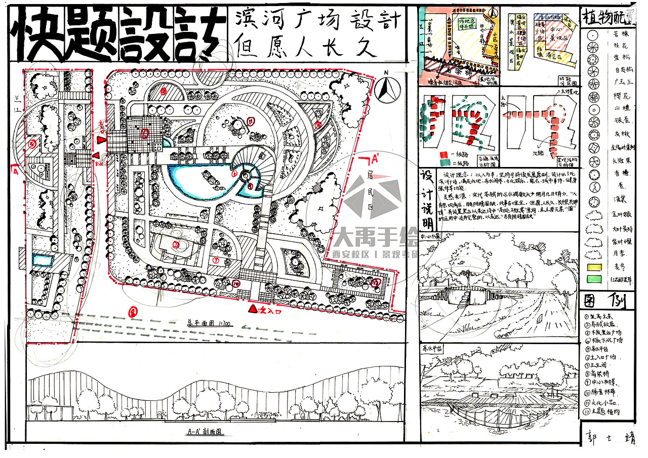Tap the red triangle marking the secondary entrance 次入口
click(252, 308)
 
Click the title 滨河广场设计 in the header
click(318, 21)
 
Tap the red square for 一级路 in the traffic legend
click(443, 154)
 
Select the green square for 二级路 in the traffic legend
click(443, 162)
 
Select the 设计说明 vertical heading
click(426, 200)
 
